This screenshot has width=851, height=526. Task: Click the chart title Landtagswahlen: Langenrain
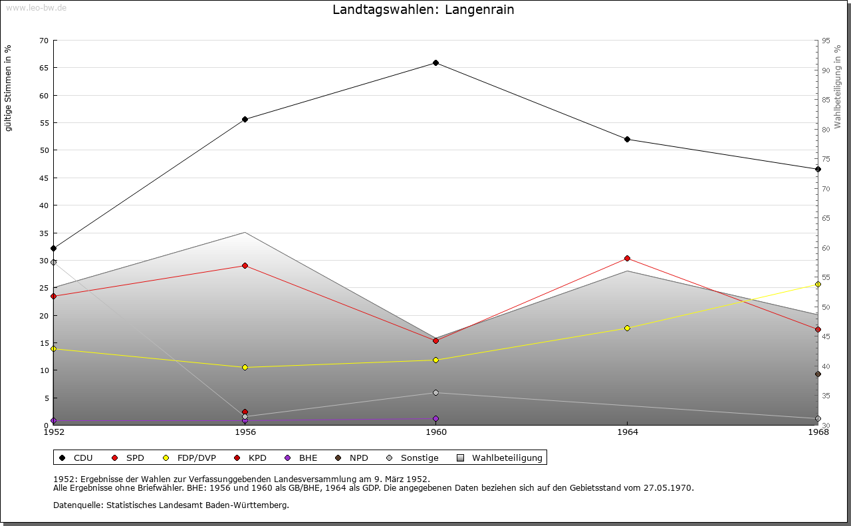pyautogui.click(x=423, y=10)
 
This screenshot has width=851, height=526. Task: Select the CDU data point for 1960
pyautogui.click(x=435, y=63)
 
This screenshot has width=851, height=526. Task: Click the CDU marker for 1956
pyautogui.click(x=245, y=120)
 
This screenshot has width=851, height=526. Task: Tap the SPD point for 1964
pyautogui.click(x=627, y=259)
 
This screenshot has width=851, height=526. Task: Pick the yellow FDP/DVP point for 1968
pyautogui.click(x=818, y=285)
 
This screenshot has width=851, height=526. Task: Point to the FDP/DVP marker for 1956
pyautogui.click(x=245, y=368)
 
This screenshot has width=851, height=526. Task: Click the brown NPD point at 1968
pyautogui.click(x=818, y=374)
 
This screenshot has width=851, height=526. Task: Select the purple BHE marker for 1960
pyautogui.click(x=435, y=419)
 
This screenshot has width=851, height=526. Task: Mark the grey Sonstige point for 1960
pyautogui.click(x=435, y=393)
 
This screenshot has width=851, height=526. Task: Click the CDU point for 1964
pyautogui.click(x=627, y=140)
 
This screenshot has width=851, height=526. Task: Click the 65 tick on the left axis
pyautogui.click(x=44, y=68)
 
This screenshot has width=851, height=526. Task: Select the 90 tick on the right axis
pyautogui.click(x=826, y=70)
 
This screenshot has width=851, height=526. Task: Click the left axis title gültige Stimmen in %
pyautogui.click(x=9, y=88)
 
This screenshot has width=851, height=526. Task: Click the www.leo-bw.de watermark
pyautogui.click(x=36, y=7)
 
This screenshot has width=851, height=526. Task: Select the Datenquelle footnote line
pyautogui.click(x=171, y=505)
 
